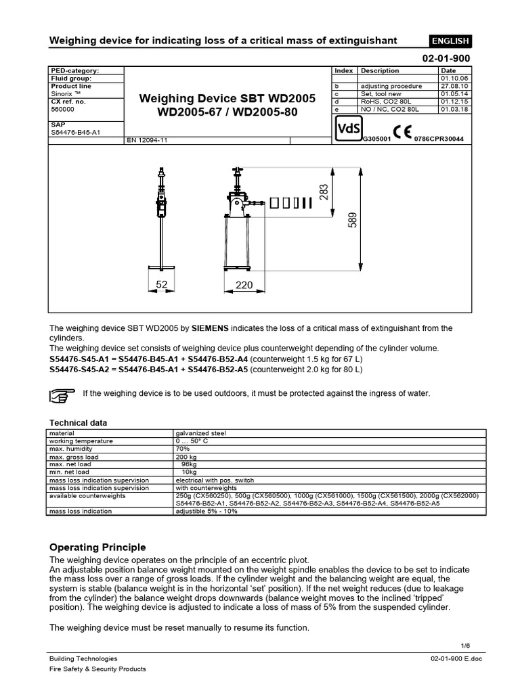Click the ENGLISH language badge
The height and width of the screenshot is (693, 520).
[450, 41]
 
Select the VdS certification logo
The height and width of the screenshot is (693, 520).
[347, 127]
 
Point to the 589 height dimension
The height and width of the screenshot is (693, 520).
[351, 219]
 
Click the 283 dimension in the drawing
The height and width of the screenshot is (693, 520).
[324, 193]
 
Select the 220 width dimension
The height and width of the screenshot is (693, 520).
[244, 286]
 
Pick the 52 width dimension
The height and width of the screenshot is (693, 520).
[162, 286]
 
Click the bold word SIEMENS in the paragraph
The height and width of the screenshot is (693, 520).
[211, 328]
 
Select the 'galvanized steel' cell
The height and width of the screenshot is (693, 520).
[199, 433]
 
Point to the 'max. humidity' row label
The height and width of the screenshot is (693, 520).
[67, 449]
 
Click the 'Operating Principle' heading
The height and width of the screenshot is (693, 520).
[98, 547]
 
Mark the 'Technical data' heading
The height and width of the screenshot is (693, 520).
[79, 422]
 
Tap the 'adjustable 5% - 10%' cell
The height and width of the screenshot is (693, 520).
[207, 511]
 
